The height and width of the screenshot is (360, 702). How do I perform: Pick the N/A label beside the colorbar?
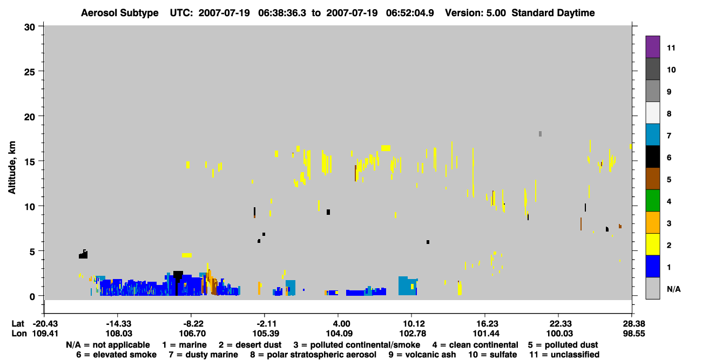click(673, 289)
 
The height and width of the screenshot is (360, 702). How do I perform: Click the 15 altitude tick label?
click(30, 162)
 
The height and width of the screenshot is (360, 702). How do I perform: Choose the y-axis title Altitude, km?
click(11, 167)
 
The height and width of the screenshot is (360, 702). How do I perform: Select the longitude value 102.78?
click(413, 334)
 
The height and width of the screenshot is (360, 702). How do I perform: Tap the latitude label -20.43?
click(45, 324)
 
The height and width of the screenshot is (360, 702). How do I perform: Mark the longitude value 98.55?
click(633, 334)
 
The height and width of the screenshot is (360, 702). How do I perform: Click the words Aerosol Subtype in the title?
click(120, 13)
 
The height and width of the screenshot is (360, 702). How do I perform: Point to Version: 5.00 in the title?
click(475, 13)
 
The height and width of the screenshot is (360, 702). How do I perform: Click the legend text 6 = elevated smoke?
click(116, 355)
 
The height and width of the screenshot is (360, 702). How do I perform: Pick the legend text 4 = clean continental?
click(475, 345)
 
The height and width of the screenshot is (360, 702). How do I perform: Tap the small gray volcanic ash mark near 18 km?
click(541, 134)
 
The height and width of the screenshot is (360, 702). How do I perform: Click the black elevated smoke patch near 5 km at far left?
click(83, 254)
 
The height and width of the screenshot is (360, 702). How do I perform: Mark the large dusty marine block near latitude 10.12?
click(407, 286)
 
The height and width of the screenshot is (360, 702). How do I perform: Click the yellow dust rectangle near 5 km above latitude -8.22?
click(187, 255)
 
